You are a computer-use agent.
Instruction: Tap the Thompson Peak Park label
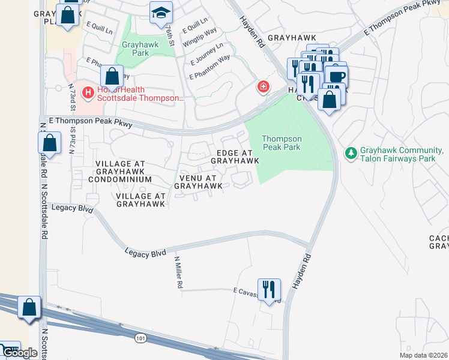click(x=282, y=142)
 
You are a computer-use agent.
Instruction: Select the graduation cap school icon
click(x=160, y=13)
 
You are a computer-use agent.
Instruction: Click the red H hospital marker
click(x=88, y=92)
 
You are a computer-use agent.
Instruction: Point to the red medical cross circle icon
click(x=263, y=88)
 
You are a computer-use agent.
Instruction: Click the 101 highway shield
click(x=140, y=338)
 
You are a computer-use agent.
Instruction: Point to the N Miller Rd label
click(x=178, y=273)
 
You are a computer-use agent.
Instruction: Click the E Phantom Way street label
click(x=209, y=68)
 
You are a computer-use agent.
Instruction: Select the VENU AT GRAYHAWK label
click(x=199, y=182)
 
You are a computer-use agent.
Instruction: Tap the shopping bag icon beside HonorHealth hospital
click(x=112, y=77)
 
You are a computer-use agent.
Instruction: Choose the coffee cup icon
click(x=336, y=76)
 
